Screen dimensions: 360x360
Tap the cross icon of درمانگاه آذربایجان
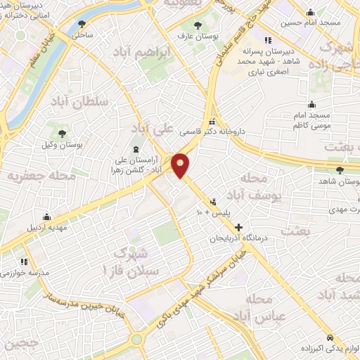click(239, 228)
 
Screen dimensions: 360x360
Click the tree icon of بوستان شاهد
click(340, 170)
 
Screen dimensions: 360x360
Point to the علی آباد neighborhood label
click(155, 129)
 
